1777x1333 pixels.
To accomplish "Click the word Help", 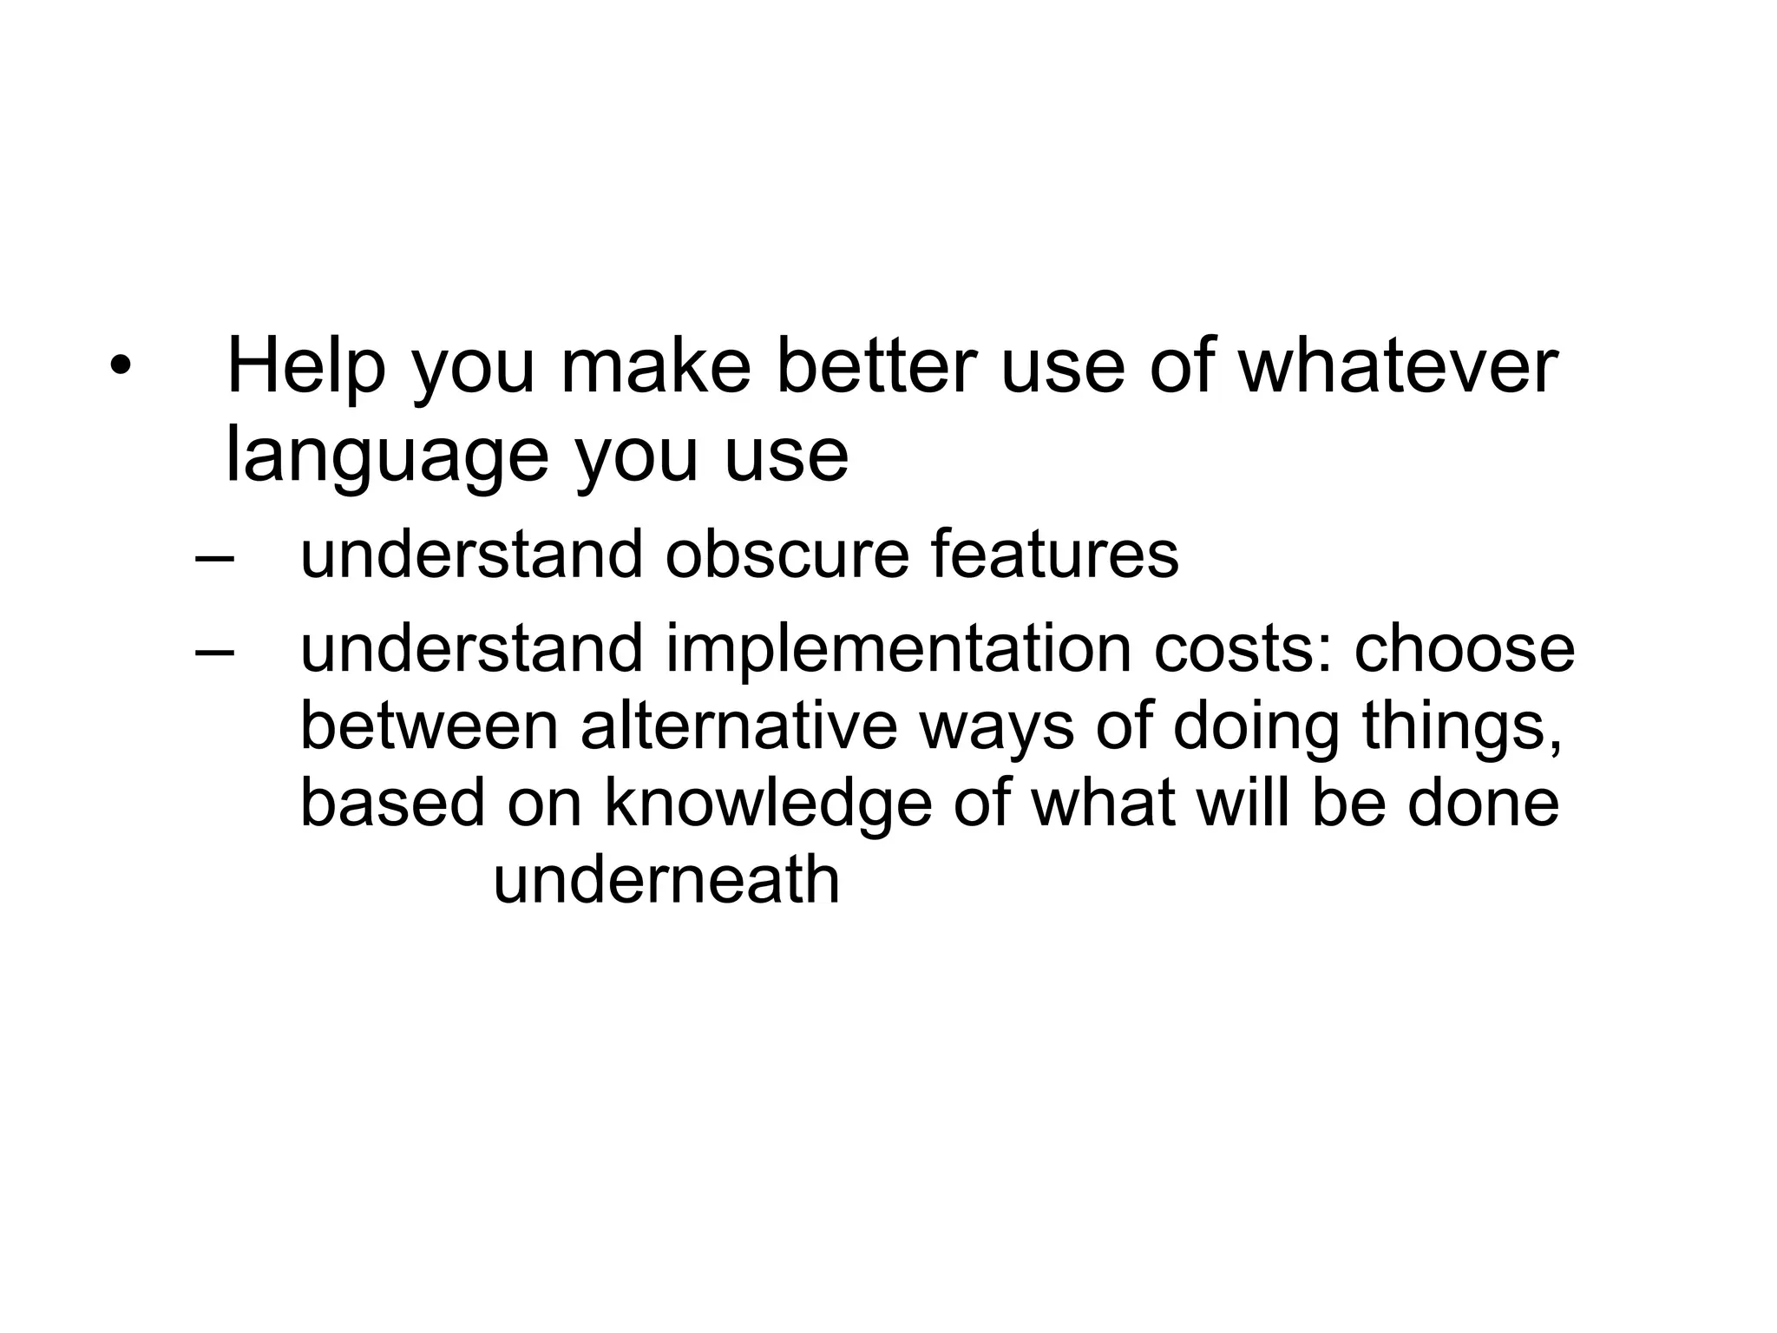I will point(305,368).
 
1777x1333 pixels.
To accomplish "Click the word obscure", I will point(786,555).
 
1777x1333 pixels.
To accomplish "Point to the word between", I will point(429,726).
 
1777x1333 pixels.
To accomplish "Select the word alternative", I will point(738,726).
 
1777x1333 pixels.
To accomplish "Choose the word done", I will point(1483,804).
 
